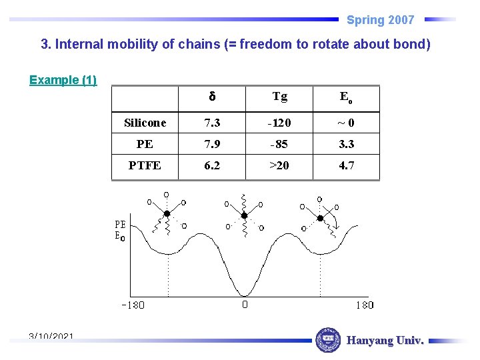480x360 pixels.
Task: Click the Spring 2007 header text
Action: pyautogui.click(x=380, y=20)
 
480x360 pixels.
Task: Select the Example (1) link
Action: pyautogui.click(x=63, y=80)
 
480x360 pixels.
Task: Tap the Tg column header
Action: pyautogui.click(x=279, y=97)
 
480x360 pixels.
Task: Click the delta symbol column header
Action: pyautogui.click(x=212, y=97)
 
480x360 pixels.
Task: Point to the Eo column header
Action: pyautogui.click(x=346, y=97)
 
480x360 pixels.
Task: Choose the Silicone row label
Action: pyautogui.click(x=145, y=123)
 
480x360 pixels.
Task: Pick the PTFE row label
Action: pyautogui.click(x=145, y=165)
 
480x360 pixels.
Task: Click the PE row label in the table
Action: pyautogui.click(x=145, y=144)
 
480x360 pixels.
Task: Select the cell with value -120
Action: pyautogui.click(x=279, y=123)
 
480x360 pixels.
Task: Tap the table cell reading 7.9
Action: pyautogui.click(x=212, y=144)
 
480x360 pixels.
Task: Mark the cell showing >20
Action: pyautogui.click(x=279, y=165)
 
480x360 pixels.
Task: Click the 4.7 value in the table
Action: pyautogui.click(x=346, y=165)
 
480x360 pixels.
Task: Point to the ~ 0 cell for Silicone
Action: pyautogui.click(x=346, y=123)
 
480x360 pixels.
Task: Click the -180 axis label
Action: pyautogui.click(x=133, y=305)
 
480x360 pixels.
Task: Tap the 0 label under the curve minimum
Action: pyautogui.click(x=245, y=305)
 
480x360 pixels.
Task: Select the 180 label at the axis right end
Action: pyautogui.click(x=364, y=305)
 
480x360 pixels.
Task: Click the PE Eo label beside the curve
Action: pyautogui.click(x=120, y=230)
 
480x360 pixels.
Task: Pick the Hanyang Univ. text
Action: pyautogui.click(x=385, y=341)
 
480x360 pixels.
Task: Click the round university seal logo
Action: pyautogui.click(x=327, y=340)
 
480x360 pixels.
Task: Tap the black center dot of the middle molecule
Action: pyautogui.click(x=244, y=215)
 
